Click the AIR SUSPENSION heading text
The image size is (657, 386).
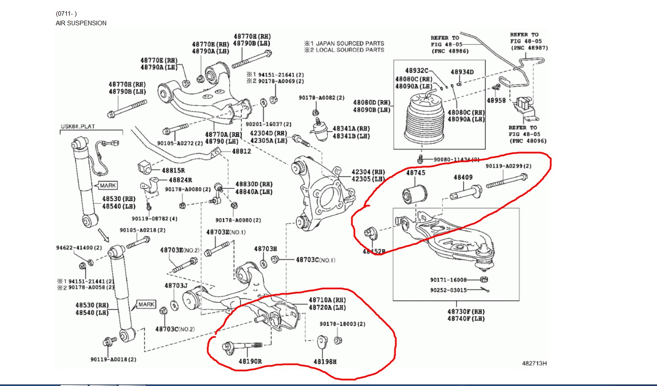[x=81, y=23]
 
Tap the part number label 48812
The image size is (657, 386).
[x=241, y=152]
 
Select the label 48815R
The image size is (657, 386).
[x=173, y=170]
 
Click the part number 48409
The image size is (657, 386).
[x=463, y=177]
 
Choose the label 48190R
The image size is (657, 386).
[x=250, y=361]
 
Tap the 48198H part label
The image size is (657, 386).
[x=325, y=362]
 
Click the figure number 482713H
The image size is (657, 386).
[x=534, y=363]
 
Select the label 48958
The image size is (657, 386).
[x=496, y=101]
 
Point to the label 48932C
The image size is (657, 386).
[x=416, y=71]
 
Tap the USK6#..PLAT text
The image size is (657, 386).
[x=78, y=126]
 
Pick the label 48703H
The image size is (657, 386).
[x=265, y=248]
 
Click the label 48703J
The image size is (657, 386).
[x=176, y=285]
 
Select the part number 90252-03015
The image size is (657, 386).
[x=448, y=290]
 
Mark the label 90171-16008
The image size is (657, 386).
[x=448, y=280]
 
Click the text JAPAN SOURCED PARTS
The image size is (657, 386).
[x=350, y=43]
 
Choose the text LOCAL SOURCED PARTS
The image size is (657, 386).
[x=350, y=50]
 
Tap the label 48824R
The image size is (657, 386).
[x=180, y=180]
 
